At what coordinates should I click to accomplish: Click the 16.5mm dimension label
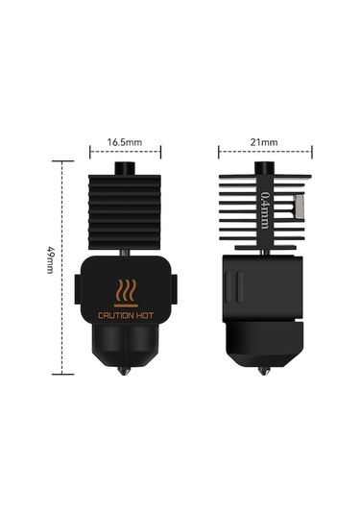click(x=125, y=141)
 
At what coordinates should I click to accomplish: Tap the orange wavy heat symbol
click(x=126, y=291)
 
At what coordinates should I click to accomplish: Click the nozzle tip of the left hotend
click(x=126, y=370)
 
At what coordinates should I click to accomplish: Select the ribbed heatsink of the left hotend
click(x=126, y=211)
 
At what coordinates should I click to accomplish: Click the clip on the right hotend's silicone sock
click(x=234, y=287)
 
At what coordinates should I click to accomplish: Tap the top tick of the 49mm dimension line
click(x=64, y=160)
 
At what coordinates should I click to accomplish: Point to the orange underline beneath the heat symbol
click(x=126, y=305)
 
